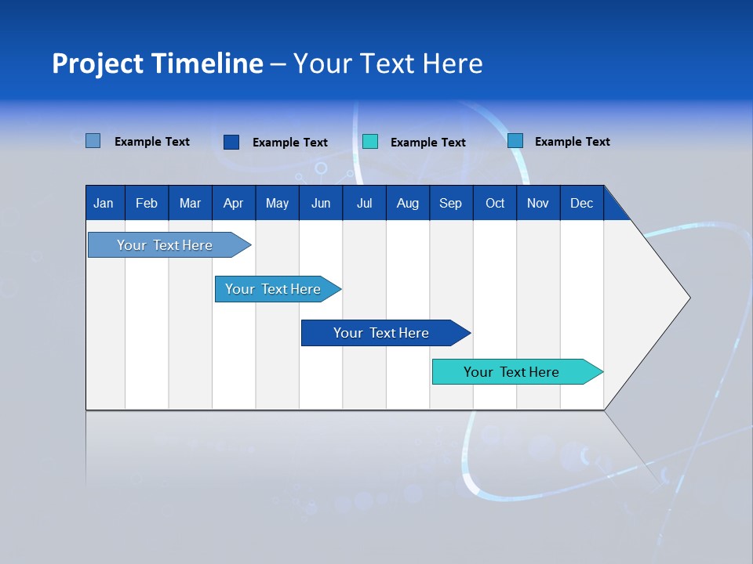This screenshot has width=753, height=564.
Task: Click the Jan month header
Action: [104, 203]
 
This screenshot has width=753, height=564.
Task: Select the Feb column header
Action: [147, 203]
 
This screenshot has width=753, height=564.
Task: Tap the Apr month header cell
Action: [233, 203]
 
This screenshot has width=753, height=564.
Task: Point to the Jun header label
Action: [321, 203]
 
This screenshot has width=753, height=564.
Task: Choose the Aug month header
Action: [407, 203]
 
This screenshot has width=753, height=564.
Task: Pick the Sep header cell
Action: [450, 203]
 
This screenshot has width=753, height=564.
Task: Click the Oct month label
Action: [495, 203]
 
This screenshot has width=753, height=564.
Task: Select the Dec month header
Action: [581, 203]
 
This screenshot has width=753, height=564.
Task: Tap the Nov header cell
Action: [538, 203]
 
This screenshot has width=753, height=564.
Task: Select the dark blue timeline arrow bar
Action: [382, 333]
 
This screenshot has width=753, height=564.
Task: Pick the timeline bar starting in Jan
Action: [166, 245]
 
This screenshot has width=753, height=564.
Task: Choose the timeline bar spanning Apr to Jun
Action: [274, 289]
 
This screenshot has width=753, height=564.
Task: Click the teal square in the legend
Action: [370, 142]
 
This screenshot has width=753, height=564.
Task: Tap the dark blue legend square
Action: [231, 142]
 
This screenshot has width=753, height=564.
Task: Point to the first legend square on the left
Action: [93, 141]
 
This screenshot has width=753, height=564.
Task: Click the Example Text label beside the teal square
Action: [427, 143]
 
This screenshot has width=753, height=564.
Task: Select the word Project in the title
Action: [98, 63]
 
